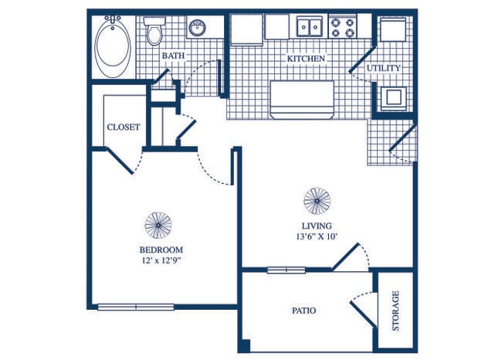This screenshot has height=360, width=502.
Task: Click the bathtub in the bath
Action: tap(114, 46)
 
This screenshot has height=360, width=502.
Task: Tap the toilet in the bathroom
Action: tap(154, 31)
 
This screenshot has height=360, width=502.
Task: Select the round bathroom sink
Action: tap(197, 28)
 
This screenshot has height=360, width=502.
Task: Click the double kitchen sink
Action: tap(309, 26)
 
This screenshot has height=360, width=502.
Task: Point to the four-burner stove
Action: tap(343, 27)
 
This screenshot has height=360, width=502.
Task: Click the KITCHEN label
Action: tap(306, 59)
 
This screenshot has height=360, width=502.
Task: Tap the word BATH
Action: tap(173, 56)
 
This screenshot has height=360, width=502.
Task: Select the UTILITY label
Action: tap(384, 68)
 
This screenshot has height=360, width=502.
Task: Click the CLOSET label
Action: tap(124, 127)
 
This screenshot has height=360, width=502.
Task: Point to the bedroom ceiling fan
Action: tap(158, 225)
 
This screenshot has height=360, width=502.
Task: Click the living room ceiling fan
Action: tap(317, 201)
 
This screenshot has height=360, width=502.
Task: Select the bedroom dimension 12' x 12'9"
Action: tap(161, 260)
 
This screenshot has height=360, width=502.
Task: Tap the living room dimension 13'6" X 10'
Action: tap(317, 236)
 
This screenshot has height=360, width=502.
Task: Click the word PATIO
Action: tap(304, 311)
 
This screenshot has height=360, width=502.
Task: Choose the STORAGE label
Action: tap(395, 311)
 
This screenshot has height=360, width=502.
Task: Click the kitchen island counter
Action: tap(302, 100)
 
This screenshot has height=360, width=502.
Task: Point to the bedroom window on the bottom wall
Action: tap(136, 307)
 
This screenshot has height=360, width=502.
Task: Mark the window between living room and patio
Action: tap(287, 270)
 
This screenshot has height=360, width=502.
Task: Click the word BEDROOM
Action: tap(161, 250)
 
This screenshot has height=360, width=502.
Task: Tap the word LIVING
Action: tap(317, 226)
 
